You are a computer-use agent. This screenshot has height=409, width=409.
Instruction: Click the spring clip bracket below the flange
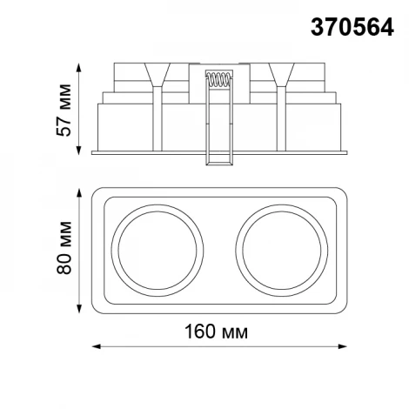pos(218,158)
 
